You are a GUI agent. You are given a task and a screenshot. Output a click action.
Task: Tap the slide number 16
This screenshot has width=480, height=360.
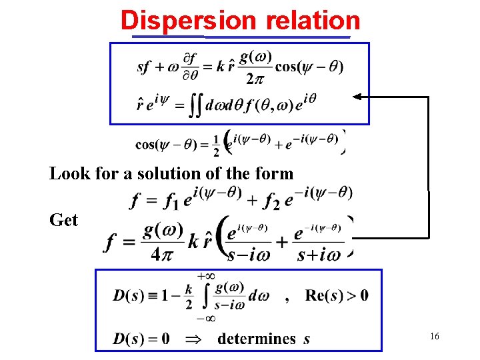point(434,337)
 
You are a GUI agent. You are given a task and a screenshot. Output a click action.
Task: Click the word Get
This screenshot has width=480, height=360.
point(64,220)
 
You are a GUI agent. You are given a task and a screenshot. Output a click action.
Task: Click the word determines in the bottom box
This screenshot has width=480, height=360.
point(257,339)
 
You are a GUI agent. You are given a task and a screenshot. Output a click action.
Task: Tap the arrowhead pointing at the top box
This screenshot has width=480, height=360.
point(357,97)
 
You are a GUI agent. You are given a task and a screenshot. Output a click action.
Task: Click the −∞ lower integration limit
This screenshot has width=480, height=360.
point(205,318)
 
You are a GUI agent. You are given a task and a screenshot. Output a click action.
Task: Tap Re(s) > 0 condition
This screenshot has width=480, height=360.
point(337,295)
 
